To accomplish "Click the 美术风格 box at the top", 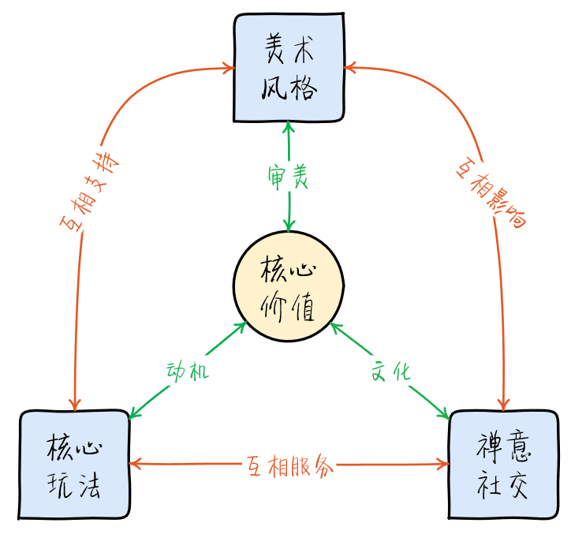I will [x=289, y=68].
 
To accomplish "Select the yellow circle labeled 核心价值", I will [x=289, y=288].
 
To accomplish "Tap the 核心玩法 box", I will [x=74, y=465].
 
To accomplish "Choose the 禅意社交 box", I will [x=502, y=465].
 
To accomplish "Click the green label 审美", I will [x=288, y=177].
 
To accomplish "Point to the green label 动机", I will [x=188, y=372].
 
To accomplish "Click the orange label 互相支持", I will [x=89, y=190].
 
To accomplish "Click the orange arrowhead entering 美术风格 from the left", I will [x=230, y=69].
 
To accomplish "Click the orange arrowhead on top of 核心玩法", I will [x=76, y=405].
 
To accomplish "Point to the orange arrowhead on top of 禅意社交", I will [x=502, y=405].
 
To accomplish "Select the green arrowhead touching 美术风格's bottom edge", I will [x=289, y=128].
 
